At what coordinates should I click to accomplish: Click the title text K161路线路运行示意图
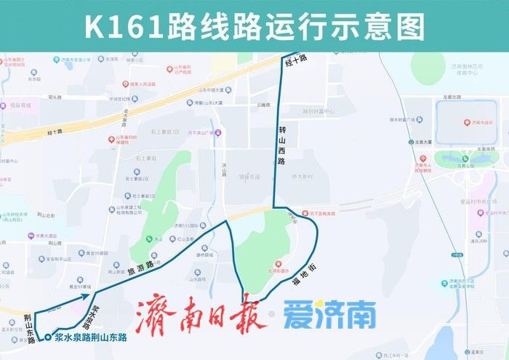(254, 27)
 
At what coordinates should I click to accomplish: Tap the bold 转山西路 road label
(282, 145)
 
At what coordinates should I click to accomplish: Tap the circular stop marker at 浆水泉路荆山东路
(47, 337)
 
